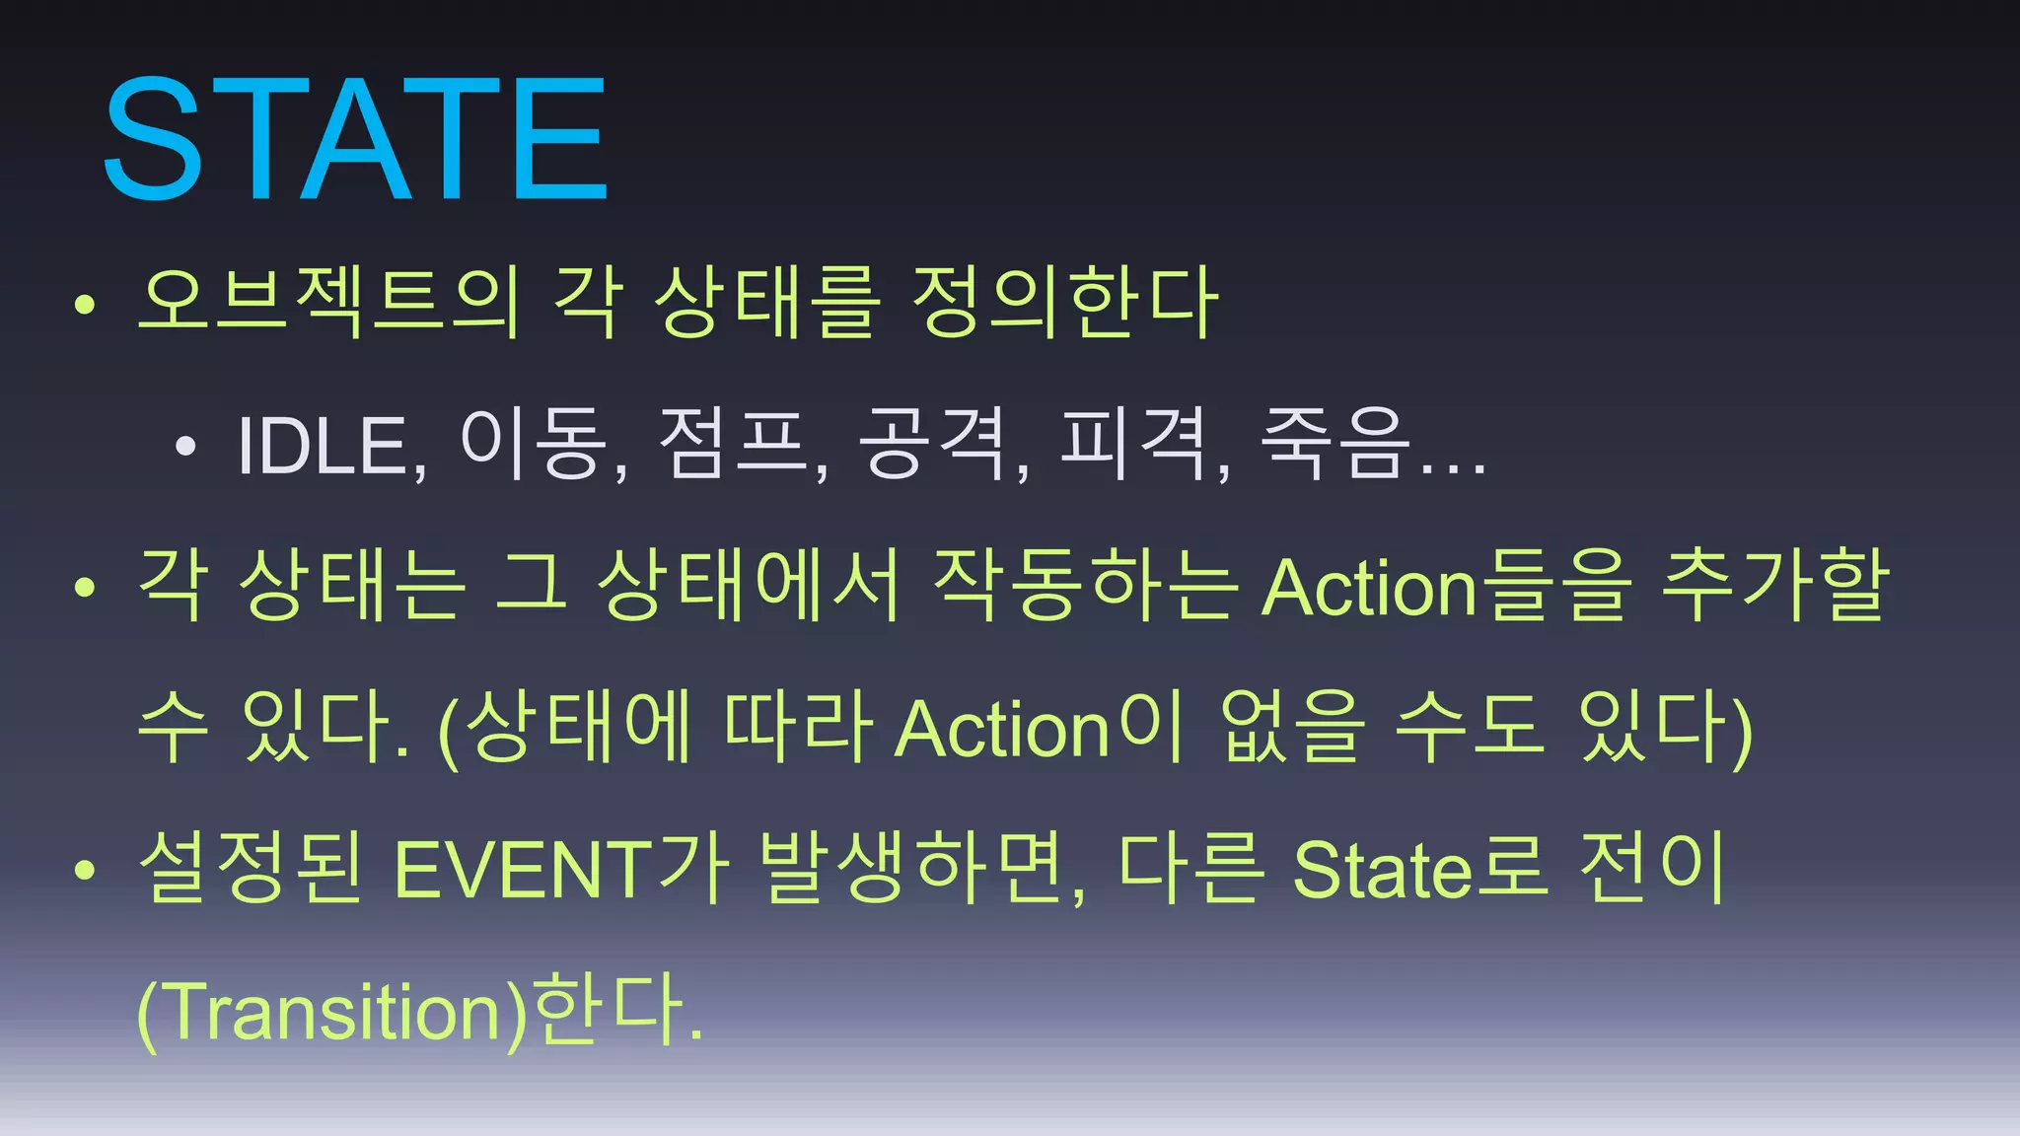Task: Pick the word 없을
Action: [1293, 728]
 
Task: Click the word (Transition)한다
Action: [419, 1011]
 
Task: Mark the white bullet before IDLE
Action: [185, 448]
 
